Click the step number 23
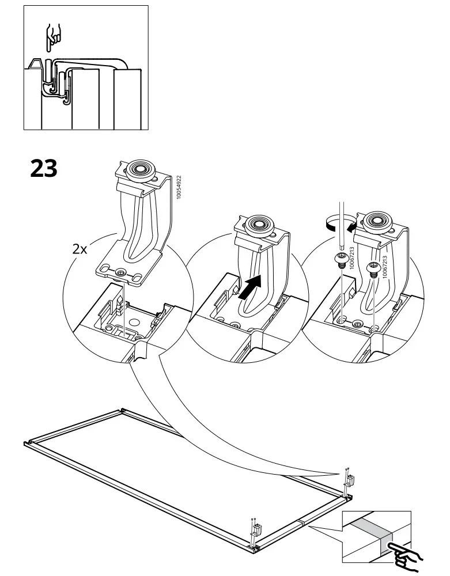pyautogui.click(x=43, y=168)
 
